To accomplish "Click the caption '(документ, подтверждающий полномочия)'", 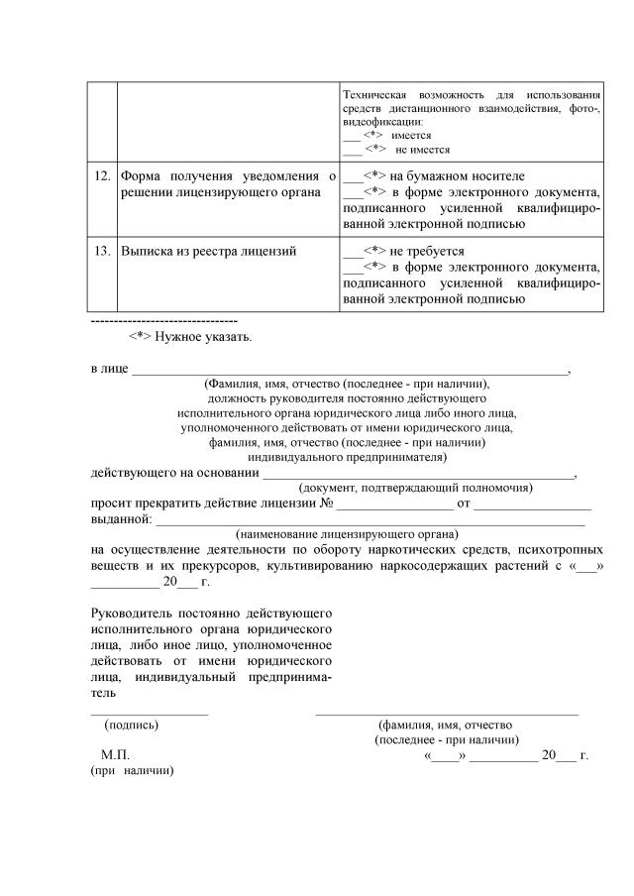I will pos(415,488).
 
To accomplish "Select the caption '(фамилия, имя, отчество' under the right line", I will pos(445,725).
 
